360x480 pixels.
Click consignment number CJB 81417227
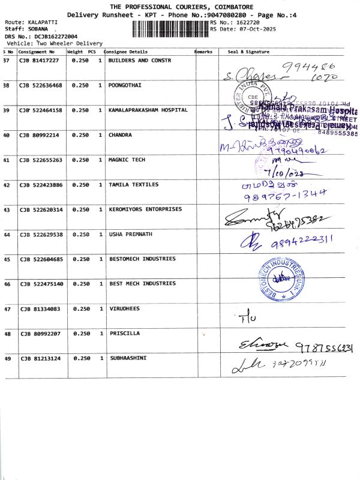click(40, 61)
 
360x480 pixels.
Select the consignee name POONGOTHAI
click(125, 85)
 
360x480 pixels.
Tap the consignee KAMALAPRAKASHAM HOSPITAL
click(148, 110)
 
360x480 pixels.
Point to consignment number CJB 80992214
click(40, 136)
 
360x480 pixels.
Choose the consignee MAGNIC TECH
click(127, 160)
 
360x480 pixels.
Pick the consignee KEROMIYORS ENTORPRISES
click(145, 209)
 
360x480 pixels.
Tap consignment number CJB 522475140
click(41, 283)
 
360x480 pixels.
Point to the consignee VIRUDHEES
click(124, 308)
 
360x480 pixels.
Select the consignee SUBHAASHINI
click(128, 358)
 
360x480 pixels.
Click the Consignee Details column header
click(126, 52)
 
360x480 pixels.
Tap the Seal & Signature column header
click(249, 52)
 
